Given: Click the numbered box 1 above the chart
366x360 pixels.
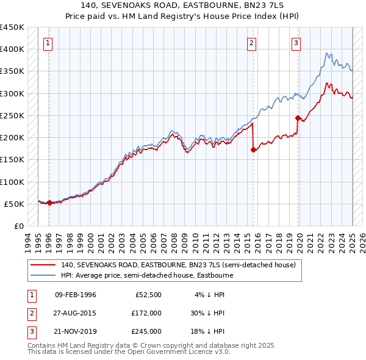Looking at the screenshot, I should pyautogui.click(x=48, y=43).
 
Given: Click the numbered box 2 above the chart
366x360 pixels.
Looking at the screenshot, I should pyautogui.click(x=251, y=43).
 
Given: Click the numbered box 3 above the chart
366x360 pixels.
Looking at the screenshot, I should pyautogui.click(x=295, y=43).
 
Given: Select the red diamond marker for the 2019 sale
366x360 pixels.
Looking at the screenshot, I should pyautogui.click(x=298, y=118).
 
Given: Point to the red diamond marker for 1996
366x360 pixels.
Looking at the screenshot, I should pyautogui.click(x=49, y=203).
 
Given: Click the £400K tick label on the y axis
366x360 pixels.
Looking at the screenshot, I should pyautogui.click(x=12, y=49).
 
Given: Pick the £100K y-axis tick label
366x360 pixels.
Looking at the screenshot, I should pyautogui.click(x=12, y=182).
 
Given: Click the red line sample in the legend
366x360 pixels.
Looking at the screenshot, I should pyautogui.click(x=43, y=265).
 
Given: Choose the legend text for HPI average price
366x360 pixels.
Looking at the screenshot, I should pyautogui.click(x=147, y=275).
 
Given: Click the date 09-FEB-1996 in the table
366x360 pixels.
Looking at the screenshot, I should pyautogui.click(x=76, y=295).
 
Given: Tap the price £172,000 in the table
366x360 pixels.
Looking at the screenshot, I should pyautogui.click(x=146, y=313).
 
